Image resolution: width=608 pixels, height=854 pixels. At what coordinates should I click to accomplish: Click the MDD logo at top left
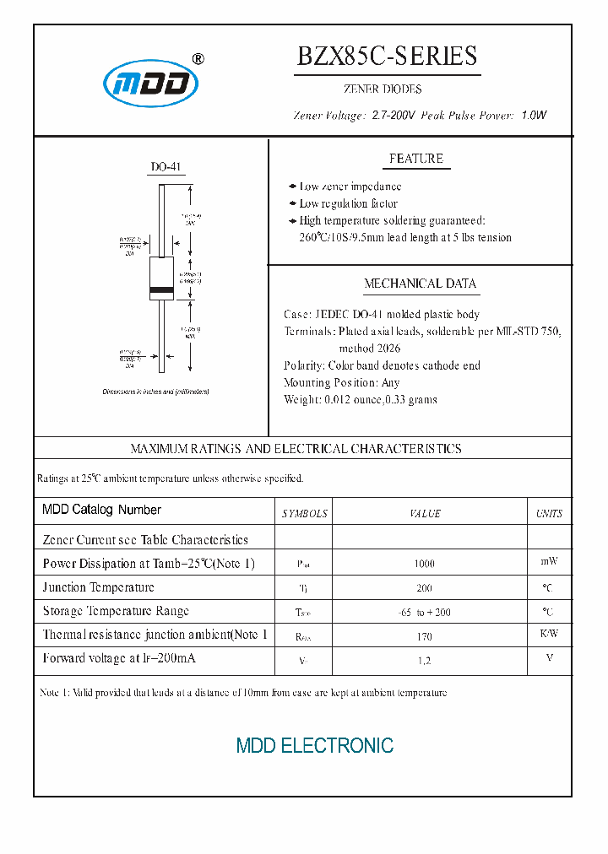150,84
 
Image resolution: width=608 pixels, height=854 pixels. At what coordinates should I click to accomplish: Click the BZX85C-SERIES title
387,56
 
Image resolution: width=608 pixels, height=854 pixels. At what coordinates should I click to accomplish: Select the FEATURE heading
415,159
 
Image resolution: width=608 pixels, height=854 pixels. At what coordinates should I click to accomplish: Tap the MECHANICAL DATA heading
420,284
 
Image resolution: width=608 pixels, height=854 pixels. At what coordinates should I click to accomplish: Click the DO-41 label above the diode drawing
166,168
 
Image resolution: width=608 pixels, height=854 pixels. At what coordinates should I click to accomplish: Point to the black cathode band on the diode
161,292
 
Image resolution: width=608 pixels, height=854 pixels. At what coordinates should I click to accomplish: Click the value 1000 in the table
424,564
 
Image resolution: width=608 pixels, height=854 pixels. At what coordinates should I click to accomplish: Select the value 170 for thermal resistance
424,636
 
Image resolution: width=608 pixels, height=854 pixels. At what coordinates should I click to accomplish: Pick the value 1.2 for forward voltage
424,661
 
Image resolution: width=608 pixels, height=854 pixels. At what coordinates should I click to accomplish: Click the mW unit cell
549,561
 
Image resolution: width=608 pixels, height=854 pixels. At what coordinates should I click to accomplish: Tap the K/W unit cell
549,634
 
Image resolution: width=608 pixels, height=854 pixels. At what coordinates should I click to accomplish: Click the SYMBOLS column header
304,513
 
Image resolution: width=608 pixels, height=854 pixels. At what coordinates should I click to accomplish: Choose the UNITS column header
549,513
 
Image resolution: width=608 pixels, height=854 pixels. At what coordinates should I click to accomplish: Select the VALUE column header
425,513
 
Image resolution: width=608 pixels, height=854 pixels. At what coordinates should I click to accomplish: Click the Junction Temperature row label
99,587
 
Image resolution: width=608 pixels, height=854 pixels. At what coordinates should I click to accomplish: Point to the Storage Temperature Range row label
116,611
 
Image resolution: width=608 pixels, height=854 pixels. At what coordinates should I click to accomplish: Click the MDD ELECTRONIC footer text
314,746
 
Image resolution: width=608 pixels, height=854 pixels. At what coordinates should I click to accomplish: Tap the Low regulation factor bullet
348,203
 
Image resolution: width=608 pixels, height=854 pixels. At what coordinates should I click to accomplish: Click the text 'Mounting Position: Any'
342,382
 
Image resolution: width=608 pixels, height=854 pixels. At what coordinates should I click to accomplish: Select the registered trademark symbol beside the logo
198,59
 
